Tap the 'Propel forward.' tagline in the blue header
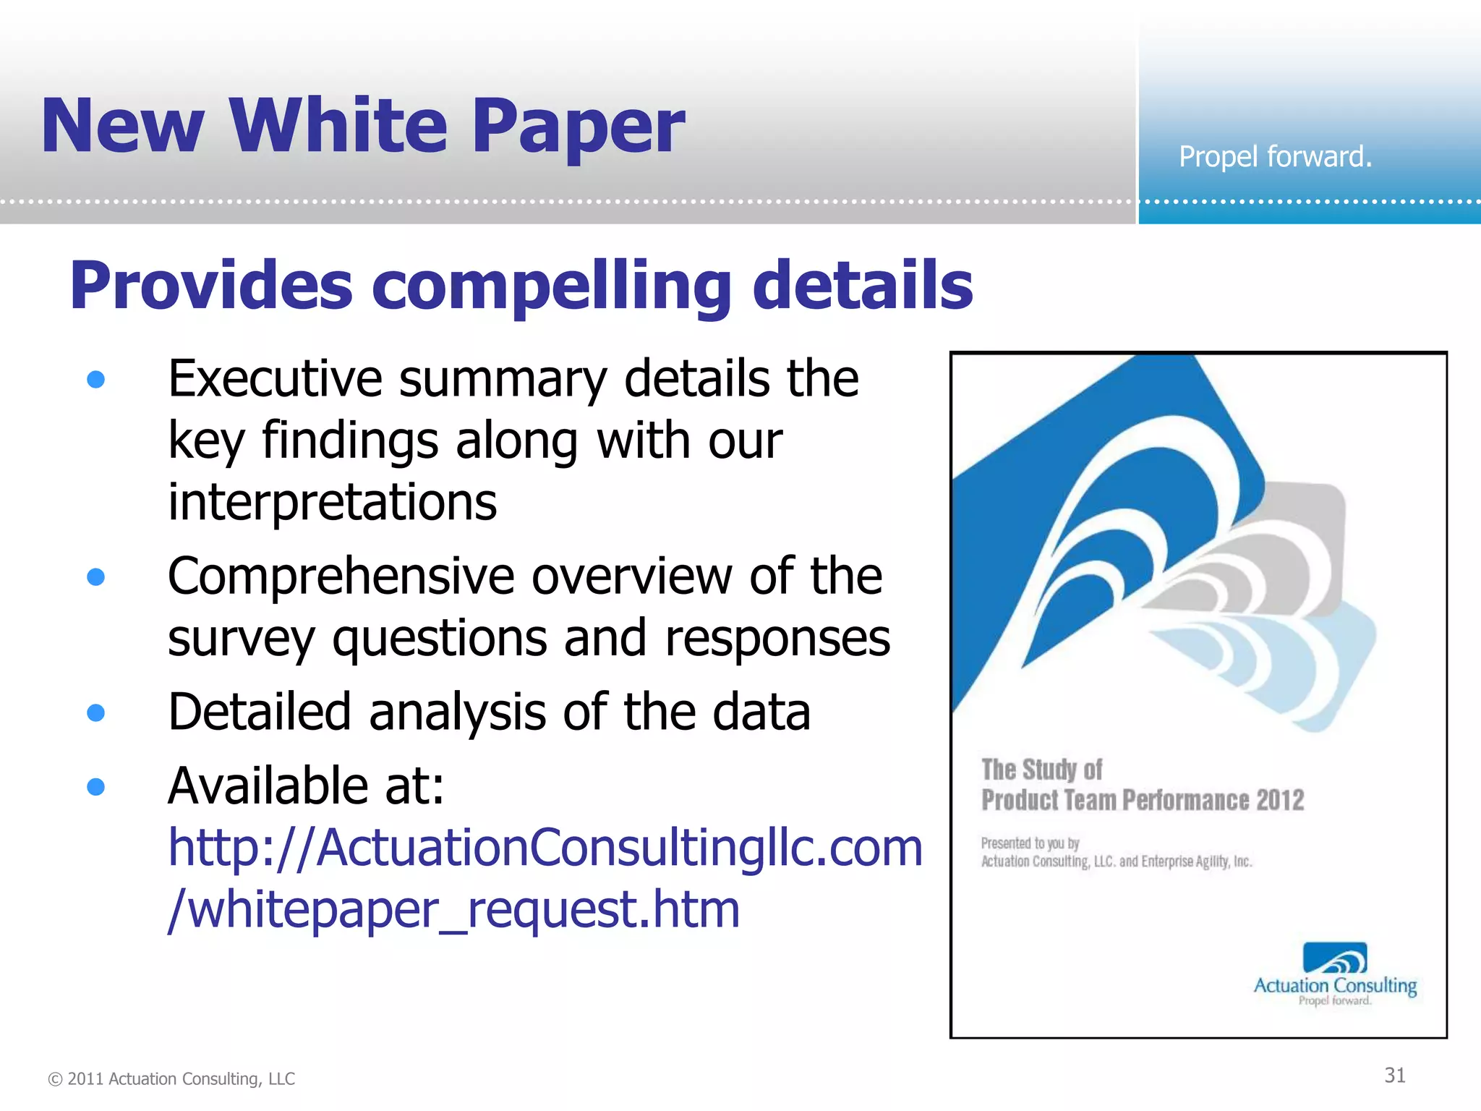pyautogui.click(x=1275, y=157)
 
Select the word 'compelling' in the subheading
pyautogui.click(x=552, y=286)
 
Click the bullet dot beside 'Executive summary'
pyautogui.click(x=95, y=379)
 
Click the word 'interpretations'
pyautogui.click(x=332, y=502)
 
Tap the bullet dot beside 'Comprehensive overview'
pyautogui.click(x=95, y=576)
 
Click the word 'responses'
pyautogui.click(x=777, y=638)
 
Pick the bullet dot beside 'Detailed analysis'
pyautogui.click(x=95, y=712)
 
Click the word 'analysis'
pyautogui.click(x=457, y=712)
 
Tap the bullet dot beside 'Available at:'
pyautogui.click(x=95, y=786)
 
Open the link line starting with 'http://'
pyautogui.click(x=545, y=848)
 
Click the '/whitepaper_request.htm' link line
pyautogui.click(x=453, y=909)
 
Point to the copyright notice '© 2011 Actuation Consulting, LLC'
pyautogui.click(x=171, y=1078)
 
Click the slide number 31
pyautogui.click(x=1394, y=1076)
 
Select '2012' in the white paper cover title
pyautogui.click(x=1280, y=800)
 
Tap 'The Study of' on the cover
pyautogui.click(x=1041, y=770)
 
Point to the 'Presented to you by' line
pyautogui.click(x=1030, y=843)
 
